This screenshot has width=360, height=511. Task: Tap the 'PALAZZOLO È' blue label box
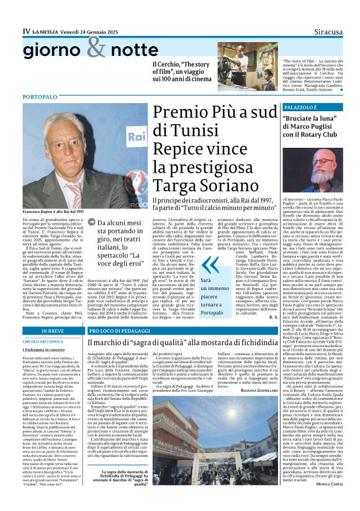[301, 108]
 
